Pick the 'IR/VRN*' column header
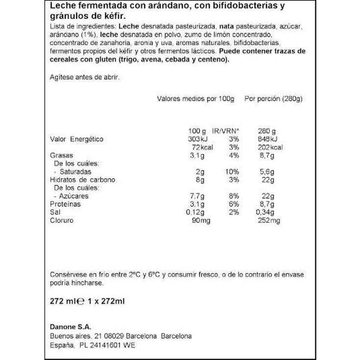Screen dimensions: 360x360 (x=226, y=131)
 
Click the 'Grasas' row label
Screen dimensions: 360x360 (x=62, y=155)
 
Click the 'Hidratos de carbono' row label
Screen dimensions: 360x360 (x=83, y=180)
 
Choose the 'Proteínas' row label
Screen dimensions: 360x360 (x=66, y=204)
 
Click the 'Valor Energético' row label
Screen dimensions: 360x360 (x=77, y=139)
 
